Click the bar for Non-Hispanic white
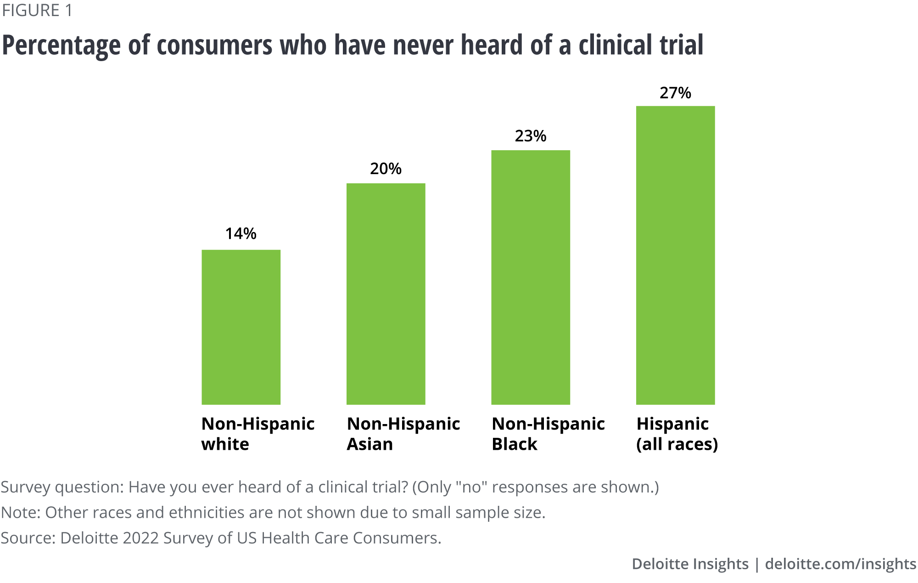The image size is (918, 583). pos(241,327)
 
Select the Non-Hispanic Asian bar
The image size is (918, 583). pos(386,294)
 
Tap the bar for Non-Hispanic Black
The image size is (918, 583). pos(531,277)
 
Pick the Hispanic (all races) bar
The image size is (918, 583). pos(675,255)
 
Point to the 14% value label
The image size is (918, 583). pos(241,234)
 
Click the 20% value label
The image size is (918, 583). pos(386,169)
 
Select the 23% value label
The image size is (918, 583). pos(531,136)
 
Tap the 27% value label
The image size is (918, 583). pos(675,93)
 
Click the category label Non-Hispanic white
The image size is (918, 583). pos(257,434)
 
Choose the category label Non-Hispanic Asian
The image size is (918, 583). pos(403,434)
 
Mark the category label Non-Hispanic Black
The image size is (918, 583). pos(548,434)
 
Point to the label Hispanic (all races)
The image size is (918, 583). pos(677,434)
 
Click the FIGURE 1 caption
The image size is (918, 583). pos(37,11)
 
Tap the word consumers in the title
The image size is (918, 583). pos(214,45)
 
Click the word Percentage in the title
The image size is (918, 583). pos(62,46)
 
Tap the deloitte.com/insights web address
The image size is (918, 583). pos(840,564)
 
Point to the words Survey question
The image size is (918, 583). pos(62,487)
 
